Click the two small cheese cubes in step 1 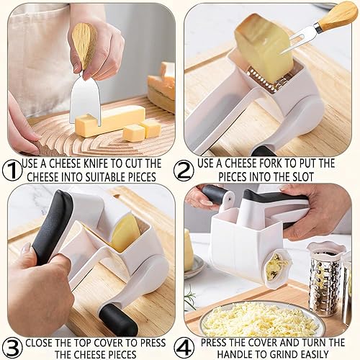click(142, 130)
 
